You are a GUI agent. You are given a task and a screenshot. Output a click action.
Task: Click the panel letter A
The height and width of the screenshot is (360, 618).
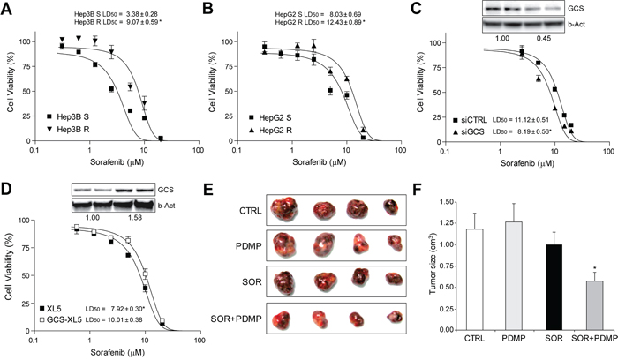(8, 10)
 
